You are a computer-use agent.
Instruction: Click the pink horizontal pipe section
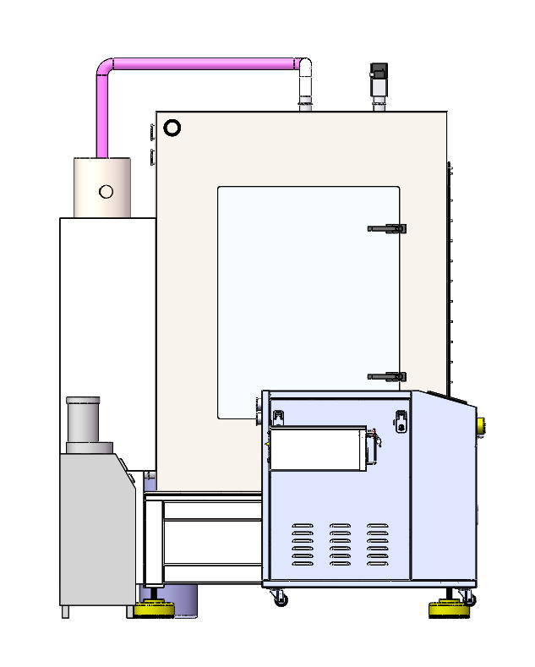point(203,64)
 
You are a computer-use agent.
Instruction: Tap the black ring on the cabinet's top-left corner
point(172,128)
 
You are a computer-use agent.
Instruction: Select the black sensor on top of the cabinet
point(379,77)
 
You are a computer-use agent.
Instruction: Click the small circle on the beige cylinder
point(106,191)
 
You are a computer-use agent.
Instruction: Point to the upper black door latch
point(388,228)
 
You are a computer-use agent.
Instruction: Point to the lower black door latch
point(388,376)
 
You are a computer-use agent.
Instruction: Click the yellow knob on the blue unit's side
point(481,424)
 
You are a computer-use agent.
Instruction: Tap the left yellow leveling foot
point(153,608)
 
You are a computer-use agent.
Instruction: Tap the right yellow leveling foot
point(450,607)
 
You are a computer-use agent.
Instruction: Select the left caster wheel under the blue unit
point(281,599)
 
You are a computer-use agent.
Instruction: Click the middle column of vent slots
point(340,545)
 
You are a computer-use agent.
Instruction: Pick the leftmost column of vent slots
point(303,545)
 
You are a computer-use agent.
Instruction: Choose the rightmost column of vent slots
point(378,545)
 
